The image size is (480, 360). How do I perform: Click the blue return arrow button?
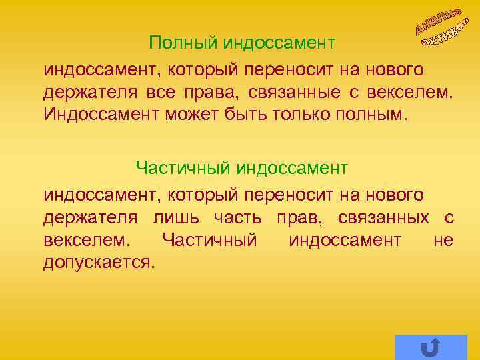[431, 347]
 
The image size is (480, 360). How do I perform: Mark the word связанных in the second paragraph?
[383, 217]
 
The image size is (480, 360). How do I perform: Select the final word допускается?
[99, 261]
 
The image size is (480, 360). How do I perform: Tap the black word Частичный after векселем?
[209, 239]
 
